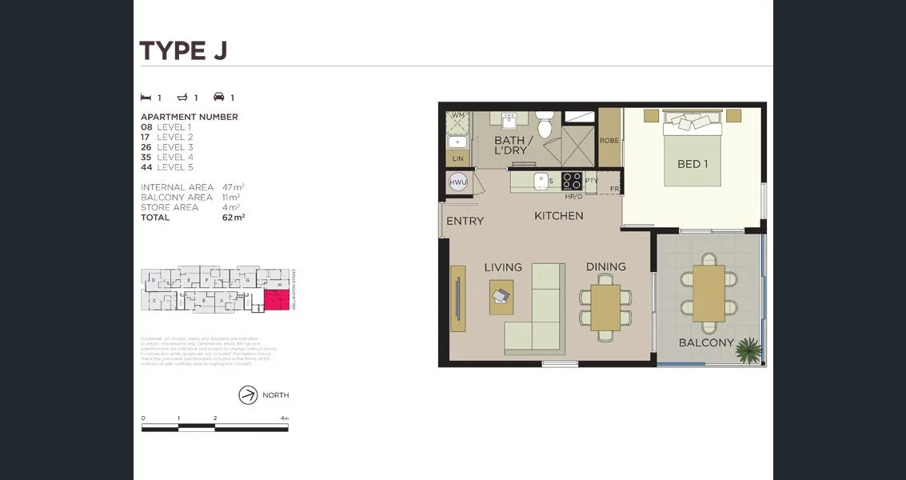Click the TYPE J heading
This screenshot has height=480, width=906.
[183, 50]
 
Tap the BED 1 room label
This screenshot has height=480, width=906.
[692, 164]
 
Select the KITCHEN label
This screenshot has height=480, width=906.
[558, 216]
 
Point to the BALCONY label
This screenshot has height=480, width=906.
[706, 342]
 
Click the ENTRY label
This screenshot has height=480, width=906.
[465, 221]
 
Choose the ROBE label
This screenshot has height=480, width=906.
[609, 141]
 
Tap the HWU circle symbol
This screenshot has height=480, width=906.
[458, 182]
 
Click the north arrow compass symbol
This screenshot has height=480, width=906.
[248, 395]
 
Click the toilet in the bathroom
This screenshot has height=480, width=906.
[545, 126]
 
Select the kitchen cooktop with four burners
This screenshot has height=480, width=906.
[572, 180]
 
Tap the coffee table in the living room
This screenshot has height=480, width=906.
[501, 296]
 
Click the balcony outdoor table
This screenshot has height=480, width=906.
[708, 294]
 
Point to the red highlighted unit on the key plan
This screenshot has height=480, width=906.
[277, 301]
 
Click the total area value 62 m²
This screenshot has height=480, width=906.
[233, 217]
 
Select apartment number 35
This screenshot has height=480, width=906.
[146, 158]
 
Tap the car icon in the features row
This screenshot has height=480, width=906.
[218, 98]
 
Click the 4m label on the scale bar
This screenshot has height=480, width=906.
[285, 418]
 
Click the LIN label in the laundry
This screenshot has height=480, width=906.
[457, 158]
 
